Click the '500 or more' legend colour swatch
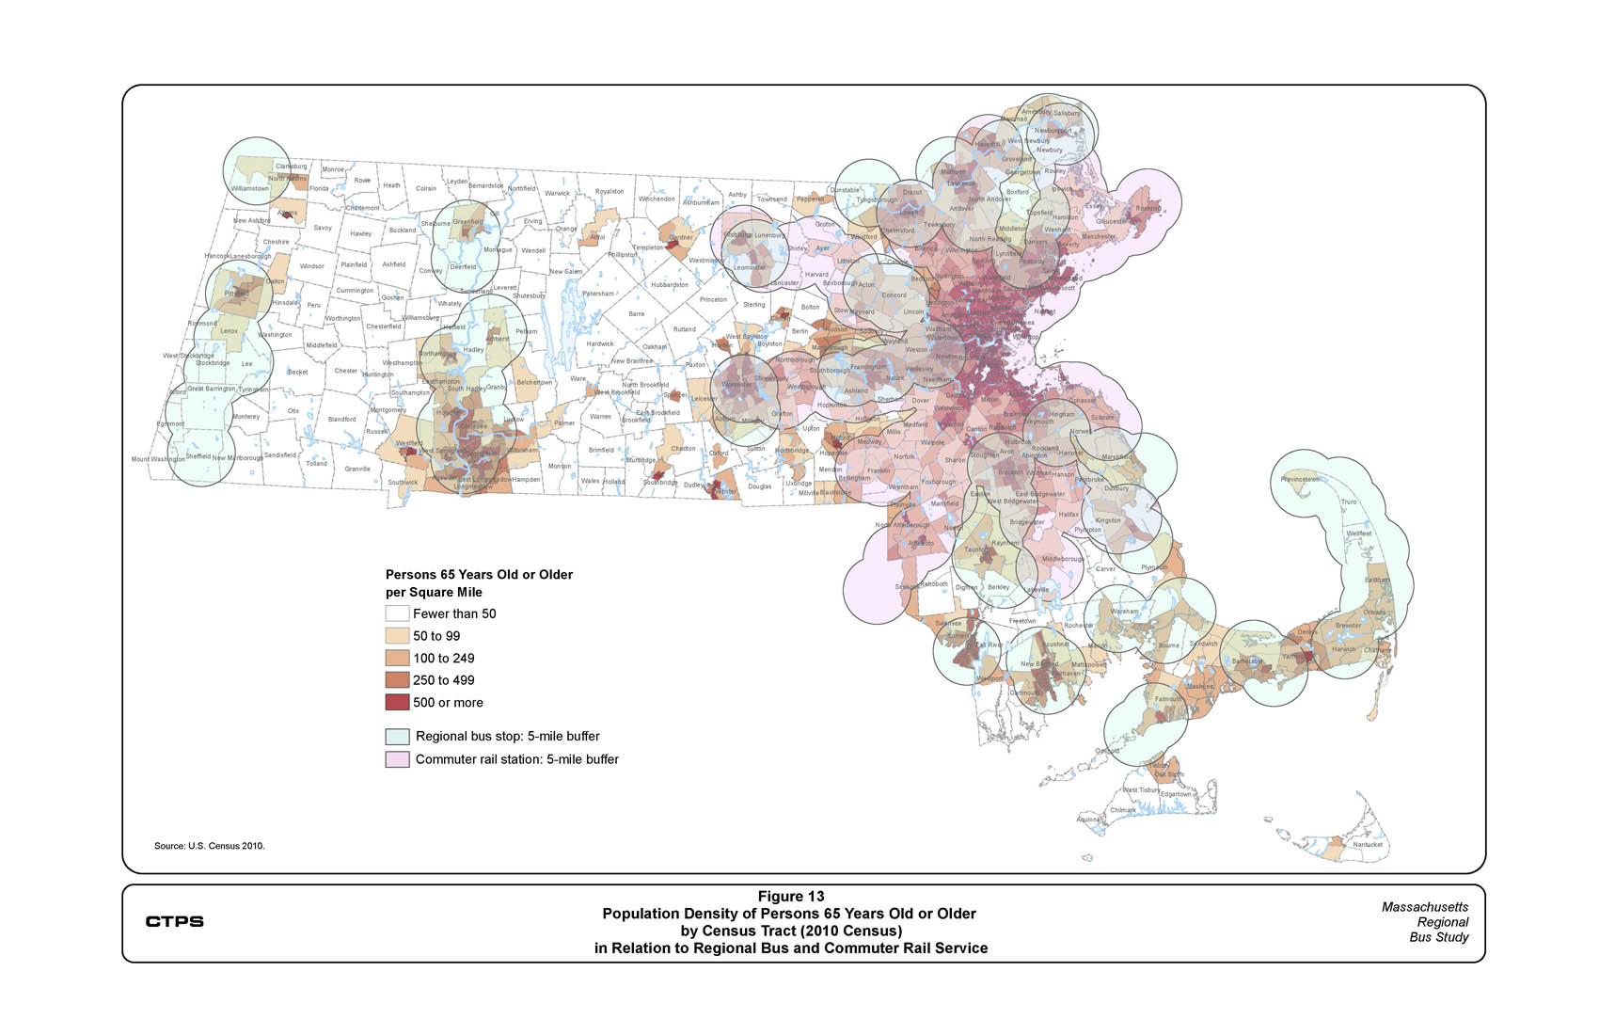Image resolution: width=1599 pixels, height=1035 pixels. (397, 702)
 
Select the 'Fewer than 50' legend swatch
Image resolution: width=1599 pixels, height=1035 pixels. (397, 613)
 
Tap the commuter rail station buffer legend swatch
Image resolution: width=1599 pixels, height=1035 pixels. (397, 759)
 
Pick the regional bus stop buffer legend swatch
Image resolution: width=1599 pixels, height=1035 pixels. (397, 737)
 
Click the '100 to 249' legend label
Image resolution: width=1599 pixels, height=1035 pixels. (443, 659)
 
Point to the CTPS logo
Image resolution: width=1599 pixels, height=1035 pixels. (174, 921)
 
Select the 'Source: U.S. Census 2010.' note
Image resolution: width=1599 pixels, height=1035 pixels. (210, 846)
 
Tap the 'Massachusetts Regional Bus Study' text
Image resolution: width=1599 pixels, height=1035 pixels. (1424, 922)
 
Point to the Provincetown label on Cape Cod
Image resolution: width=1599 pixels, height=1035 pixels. (1300, 480)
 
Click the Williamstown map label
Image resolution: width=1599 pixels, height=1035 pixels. (249, 188)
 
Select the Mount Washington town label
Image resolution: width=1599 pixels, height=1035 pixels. (158, 459)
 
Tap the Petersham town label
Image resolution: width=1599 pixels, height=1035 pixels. (597, 294)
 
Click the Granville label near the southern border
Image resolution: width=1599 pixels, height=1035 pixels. (357, 469)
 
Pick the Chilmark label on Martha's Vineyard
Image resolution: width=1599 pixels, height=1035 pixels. (1123, 810)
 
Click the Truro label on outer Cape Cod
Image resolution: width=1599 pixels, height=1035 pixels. (1348, 502)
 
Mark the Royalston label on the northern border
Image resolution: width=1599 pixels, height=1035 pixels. (610, 192)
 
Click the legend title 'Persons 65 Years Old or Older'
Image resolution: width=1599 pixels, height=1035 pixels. (479, 575)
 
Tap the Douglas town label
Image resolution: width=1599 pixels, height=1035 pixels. (759, 486)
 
